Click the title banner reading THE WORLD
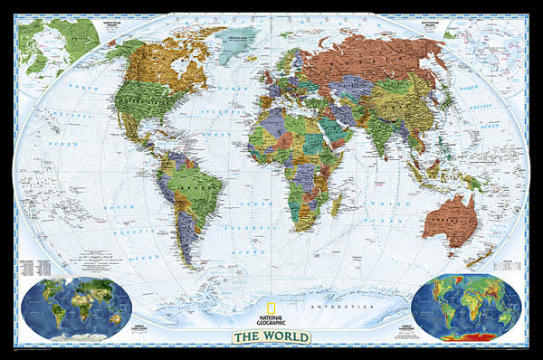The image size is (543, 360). (271, 337)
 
